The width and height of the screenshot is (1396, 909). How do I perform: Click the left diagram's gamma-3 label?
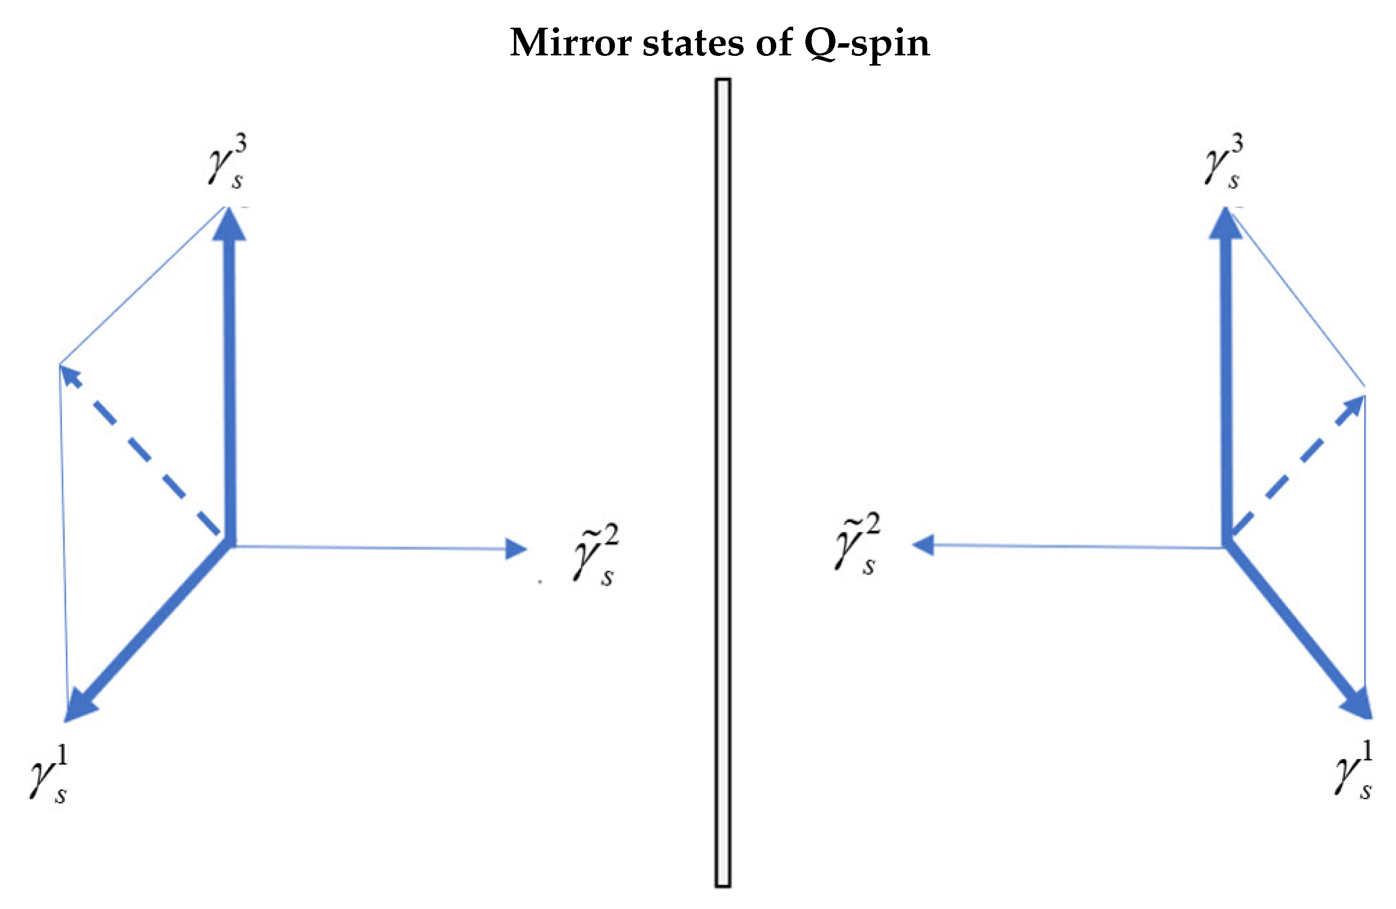pos(228,161)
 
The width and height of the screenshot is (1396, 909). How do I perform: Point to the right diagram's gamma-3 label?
pos(1225,161)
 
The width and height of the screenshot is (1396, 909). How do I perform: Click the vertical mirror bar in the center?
pos(723,481)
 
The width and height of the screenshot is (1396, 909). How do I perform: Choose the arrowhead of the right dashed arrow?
pos(1354,405)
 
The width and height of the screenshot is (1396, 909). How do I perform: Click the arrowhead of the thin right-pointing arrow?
pos(516,549)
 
